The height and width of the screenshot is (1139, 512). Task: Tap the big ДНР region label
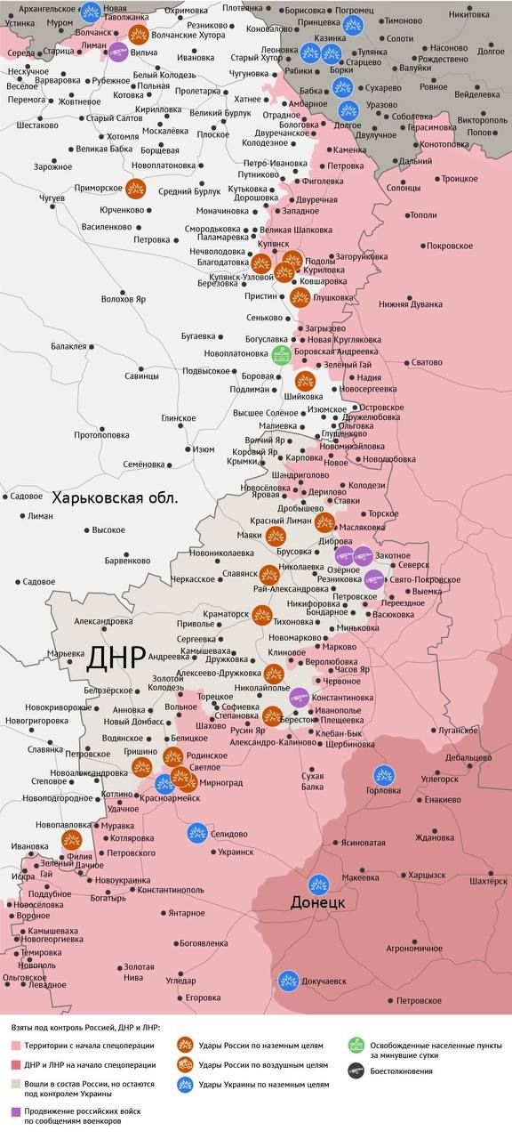(x=116, y=658)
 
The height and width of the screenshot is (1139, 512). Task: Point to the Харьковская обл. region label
(x=115, y=497)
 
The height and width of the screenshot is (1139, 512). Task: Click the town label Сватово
(x=426, y=362)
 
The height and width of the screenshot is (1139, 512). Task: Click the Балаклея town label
(x=69, y=346)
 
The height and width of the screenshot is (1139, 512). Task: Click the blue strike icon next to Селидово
(x=197, y=833)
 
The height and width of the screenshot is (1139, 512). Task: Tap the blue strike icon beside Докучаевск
(x=287, y=981)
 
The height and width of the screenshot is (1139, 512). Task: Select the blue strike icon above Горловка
(x=384, y=774)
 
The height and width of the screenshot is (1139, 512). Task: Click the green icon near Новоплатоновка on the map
(x=281, y=354)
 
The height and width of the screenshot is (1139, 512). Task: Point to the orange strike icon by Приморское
(x=136, y=189)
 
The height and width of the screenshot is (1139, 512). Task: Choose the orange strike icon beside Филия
(x=72, y=840)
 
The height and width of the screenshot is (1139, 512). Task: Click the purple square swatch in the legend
(x=16, y=1111)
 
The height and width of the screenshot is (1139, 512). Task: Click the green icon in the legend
(x=356, y=1045)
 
